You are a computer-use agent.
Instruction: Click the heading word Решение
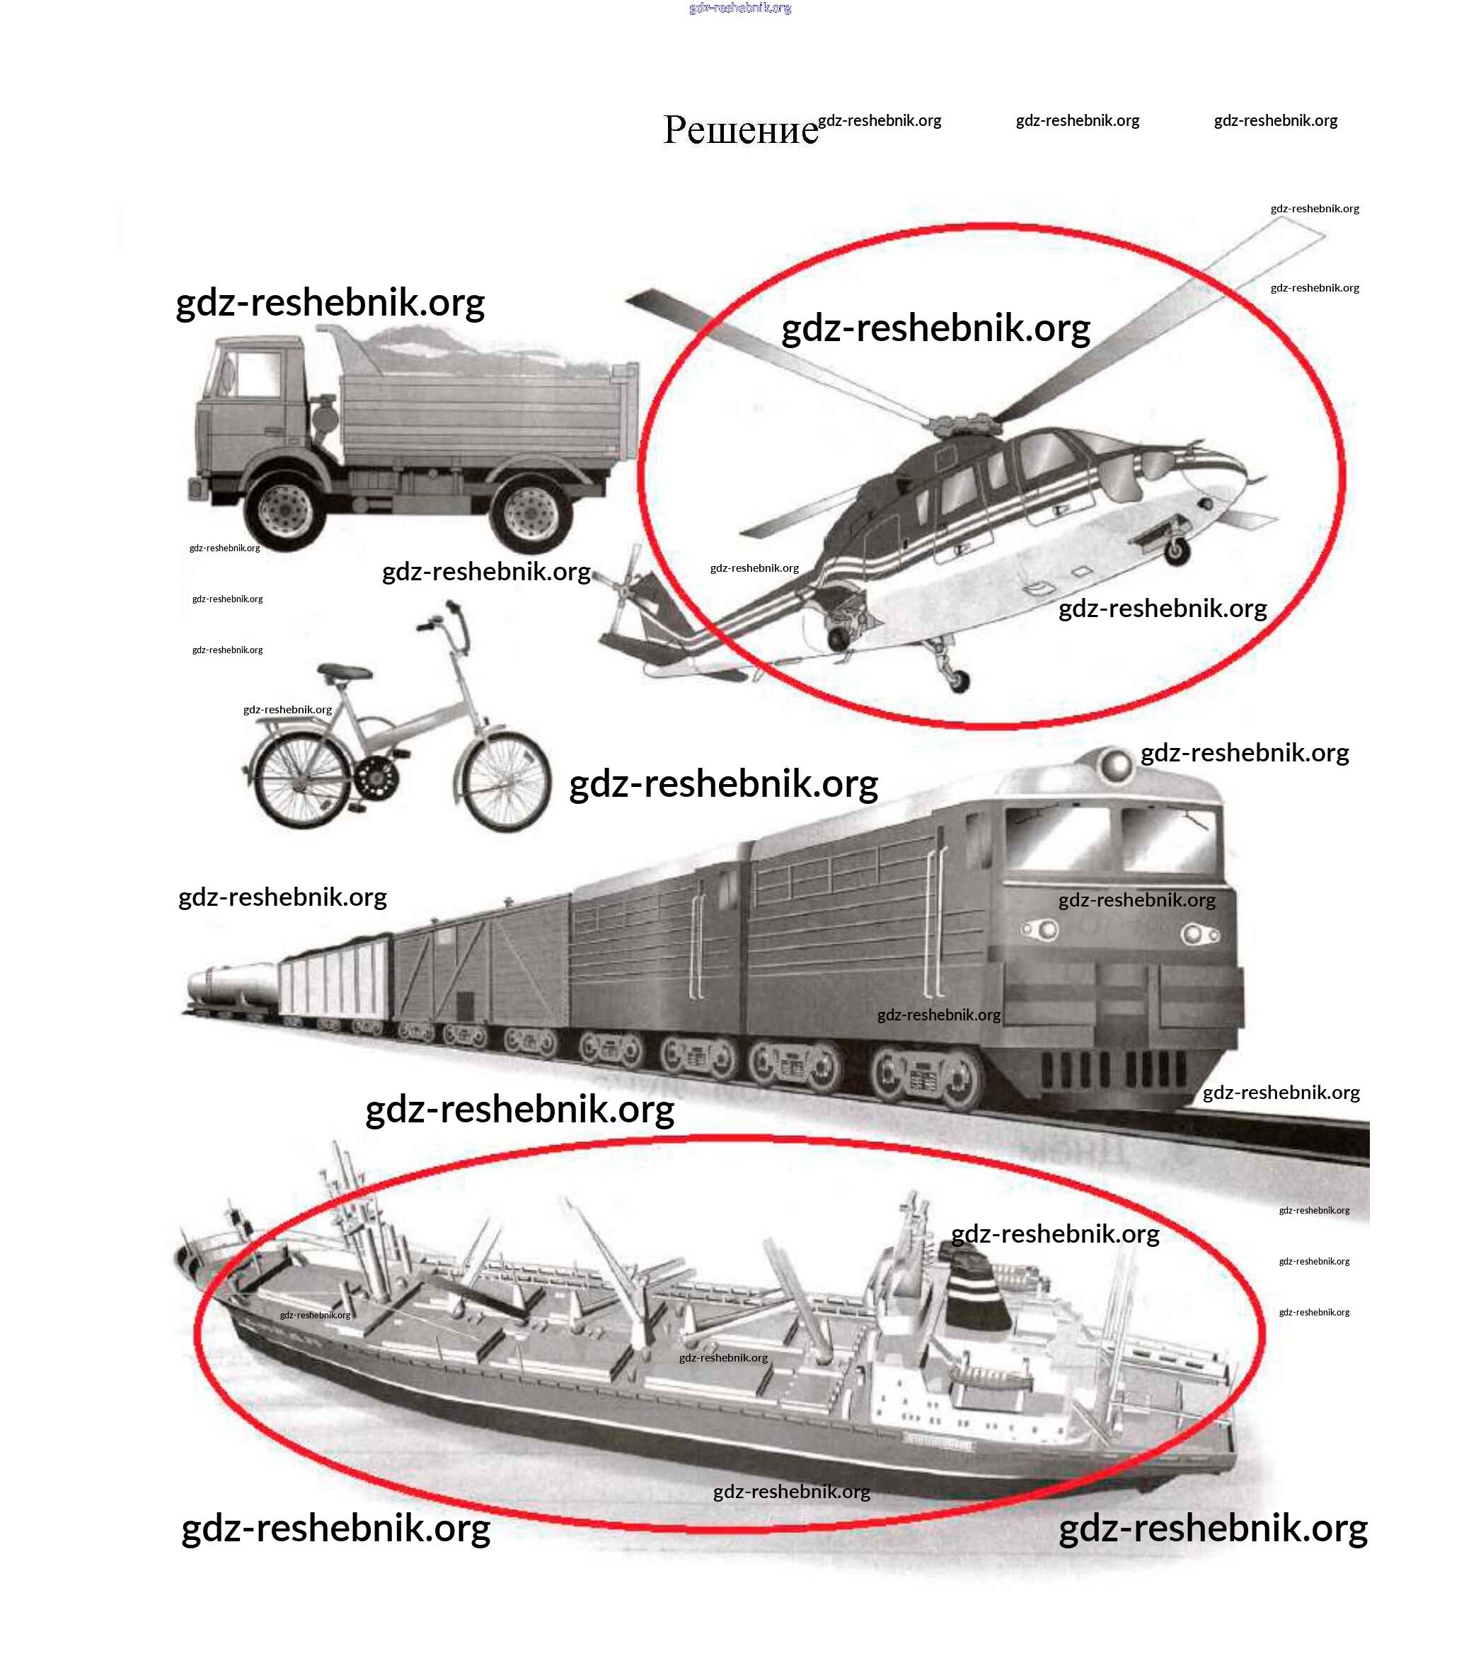739,130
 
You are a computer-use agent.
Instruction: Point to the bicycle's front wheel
503,782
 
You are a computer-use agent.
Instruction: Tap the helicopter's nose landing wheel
1176,552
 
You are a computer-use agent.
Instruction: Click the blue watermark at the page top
739,8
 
